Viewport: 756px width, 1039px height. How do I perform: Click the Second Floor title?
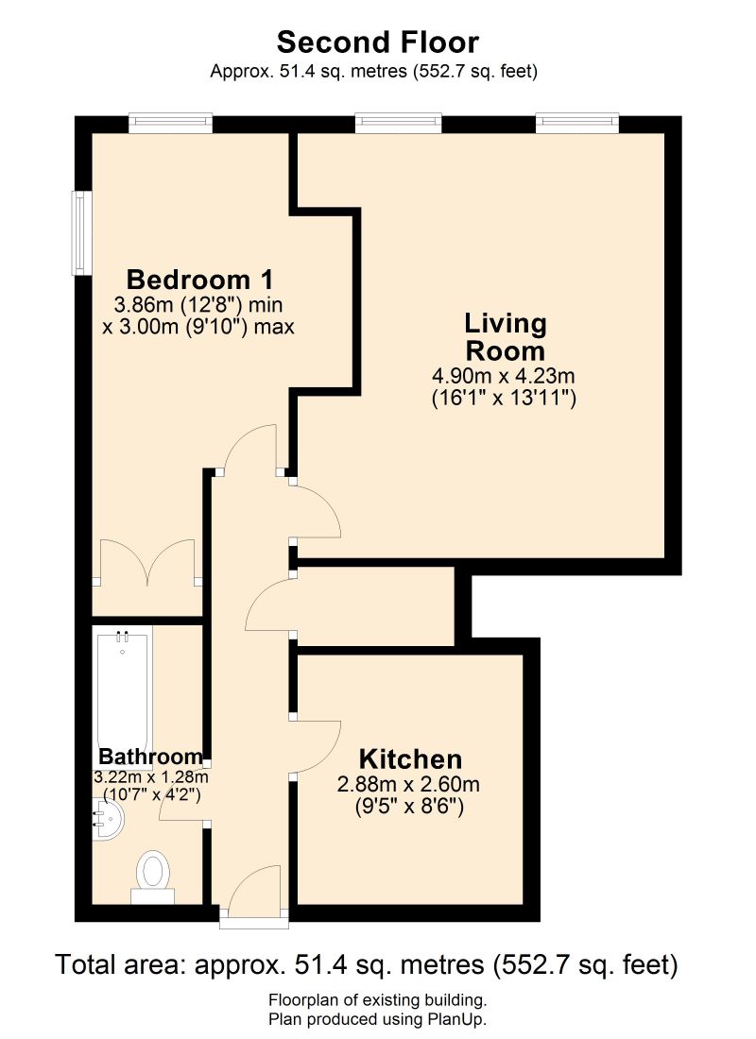click(378, 43)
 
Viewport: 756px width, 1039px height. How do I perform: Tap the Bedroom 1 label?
click(199, 280)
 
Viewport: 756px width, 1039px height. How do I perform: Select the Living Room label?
click(505, 336)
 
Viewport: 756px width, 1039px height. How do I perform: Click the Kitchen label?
click(410, 758)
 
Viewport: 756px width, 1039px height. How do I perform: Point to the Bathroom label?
click(151, 757)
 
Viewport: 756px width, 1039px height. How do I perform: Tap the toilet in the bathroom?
click(152, 871)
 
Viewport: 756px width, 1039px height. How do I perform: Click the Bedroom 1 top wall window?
click(170, 123)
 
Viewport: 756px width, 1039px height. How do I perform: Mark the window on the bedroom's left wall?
click(82, 233)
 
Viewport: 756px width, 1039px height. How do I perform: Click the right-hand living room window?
click(577, 123)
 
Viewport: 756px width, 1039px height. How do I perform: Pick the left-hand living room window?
click(398, 123)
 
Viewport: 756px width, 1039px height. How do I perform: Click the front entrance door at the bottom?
click(253, 893)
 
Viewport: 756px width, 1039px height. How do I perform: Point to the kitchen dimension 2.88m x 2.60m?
click(409, 784)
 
